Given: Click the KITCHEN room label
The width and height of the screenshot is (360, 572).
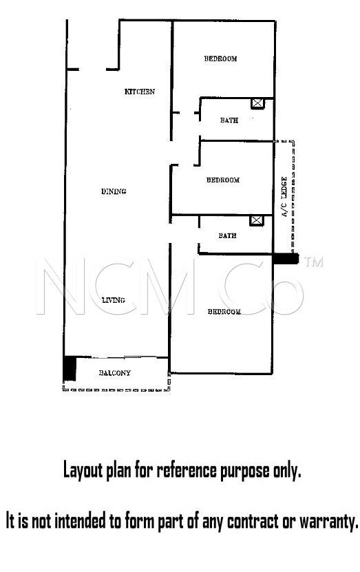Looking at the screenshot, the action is coord(139,92).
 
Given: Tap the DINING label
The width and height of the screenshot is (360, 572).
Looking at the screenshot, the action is coord(114,191).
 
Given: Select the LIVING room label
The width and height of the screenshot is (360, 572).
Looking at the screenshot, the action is coord(114,300).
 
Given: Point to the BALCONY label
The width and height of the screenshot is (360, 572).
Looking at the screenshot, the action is coord(114,373).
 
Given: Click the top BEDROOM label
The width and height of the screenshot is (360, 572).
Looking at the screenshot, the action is coord(220,59).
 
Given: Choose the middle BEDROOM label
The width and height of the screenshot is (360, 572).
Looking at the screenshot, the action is coord(223,180).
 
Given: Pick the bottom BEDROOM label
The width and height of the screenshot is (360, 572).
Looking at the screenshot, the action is coord(224,312).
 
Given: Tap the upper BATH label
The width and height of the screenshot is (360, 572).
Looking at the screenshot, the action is coord(229,120).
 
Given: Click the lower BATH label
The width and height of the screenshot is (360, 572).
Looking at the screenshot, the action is coord(227,235).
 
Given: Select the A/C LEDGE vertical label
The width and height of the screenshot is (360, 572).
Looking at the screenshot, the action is coord(284,197).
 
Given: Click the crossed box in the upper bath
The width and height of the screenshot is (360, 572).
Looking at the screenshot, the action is coord(257,103).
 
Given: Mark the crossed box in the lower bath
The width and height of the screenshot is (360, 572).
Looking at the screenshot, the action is coord(256,220).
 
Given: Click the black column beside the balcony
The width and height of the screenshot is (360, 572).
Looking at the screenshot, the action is coord(70,368).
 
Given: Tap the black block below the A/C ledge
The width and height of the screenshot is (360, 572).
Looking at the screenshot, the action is coord(286,259).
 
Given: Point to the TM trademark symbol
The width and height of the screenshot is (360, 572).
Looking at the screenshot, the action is coord(313,262).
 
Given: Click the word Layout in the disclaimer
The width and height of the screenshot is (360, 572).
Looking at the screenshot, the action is coord(84,471).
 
